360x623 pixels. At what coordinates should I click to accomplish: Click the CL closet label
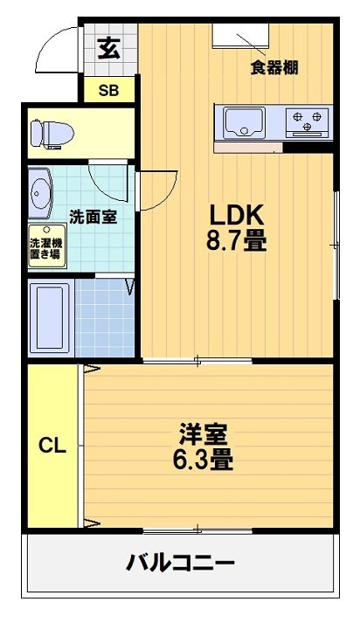coord(52,446)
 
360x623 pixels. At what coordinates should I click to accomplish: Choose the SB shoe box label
coord(108,89)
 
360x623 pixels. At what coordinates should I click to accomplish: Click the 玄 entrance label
coord(108,49)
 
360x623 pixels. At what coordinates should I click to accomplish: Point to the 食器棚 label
coord(275,67)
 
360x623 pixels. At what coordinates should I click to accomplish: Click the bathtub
coord(50,316)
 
